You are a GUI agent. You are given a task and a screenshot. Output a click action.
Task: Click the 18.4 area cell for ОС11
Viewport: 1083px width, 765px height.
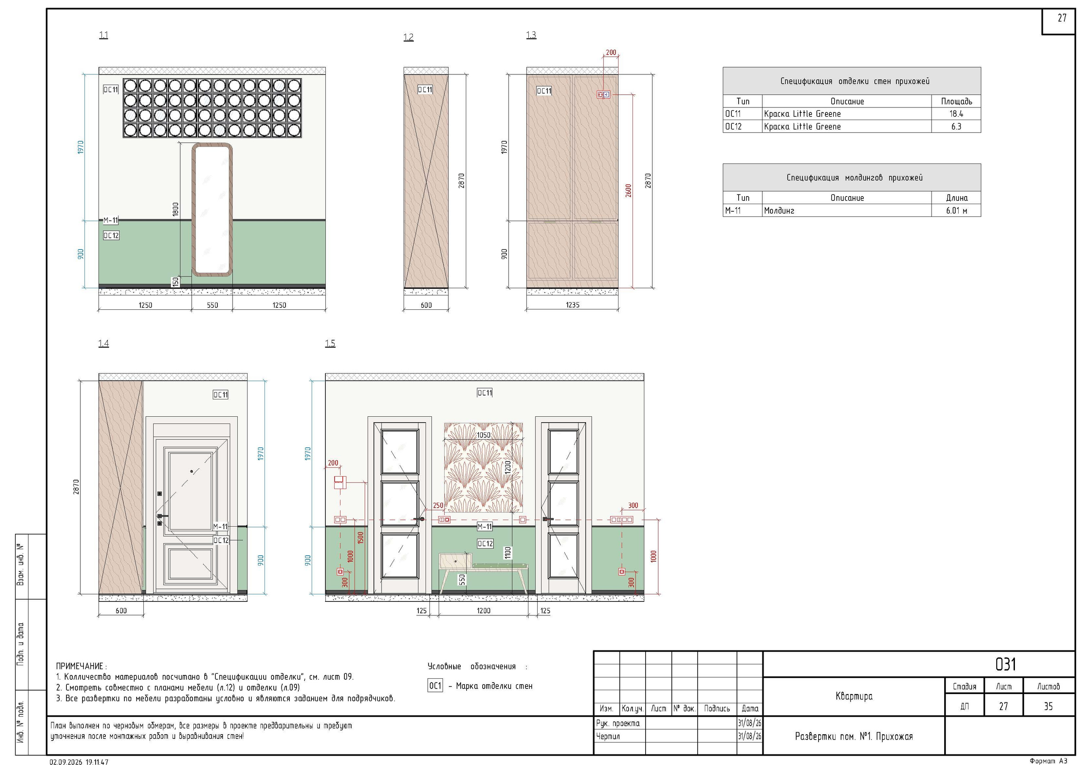click(956, 114)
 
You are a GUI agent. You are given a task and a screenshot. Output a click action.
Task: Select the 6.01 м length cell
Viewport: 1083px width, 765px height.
click(956, 211)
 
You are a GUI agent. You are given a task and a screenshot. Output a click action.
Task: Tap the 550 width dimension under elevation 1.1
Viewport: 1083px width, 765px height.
click(212, 305)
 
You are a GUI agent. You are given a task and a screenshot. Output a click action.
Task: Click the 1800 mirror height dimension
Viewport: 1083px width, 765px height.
click(176, 209)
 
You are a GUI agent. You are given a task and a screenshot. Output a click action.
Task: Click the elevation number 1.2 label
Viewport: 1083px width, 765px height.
click(409, 37)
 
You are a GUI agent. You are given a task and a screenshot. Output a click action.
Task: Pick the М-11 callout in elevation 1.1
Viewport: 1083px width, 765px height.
click(111, 220)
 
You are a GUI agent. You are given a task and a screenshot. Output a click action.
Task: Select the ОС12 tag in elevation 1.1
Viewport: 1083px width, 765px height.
click(111, 235)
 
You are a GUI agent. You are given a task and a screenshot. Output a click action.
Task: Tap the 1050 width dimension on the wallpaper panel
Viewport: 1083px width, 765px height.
click(484, 435)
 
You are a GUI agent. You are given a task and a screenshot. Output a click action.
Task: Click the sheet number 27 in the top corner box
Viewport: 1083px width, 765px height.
click(1062, 18)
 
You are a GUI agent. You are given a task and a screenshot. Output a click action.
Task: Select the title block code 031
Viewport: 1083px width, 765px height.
click(1005, 664)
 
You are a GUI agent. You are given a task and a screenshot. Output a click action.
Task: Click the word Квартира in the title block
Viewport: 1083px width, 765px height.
click(854, 696)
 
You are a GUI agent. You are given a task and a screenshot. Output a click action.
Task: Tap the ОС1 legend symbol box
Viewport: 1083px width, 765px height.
click(435, 686)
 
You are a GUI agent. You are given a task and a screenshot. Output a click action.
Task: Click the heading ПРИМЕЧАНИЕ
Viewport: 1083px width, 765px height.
click(79, 666)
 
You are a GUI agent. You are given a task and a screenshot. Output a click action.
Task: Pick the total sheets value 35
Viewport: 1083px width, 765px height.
click(1048, 706)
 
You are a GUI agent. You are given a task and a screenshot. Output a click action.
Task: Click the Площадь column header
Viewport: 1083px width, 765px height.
click(956, 101)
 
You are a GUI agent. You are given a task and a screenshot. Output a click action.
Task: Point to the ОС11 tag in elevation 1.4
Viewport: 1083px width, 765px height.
click(221, 394)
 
